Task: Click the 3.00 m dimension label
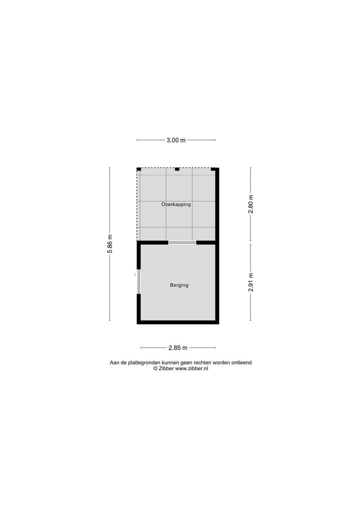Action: (176, 140)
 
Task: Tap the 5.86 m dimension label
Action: (110, 244)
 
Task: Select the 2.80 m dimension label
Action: (251, 204)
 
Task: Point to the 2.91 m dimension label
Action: (251, 282)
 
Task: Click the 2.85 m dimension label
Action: (177, 348)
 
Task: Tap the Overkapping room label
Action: (176, 204)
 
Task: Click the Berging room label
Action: (179, 285)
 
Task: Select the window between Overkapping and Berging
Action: (182, 243)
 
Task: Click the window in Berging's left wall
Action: (139, 282)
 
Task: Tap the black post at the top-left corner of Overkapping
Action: (139, 169)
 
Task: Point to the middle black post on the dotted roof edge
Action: (177, 169)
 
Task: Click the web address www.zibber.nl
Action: (191, 369)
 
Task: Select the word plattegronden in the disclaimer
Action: (151, 363)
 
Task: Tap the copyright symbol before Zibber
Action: (155, 369)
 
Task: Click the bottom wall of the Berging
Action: (177, 322)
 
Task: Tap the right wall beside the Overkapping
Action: (217, 205)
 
